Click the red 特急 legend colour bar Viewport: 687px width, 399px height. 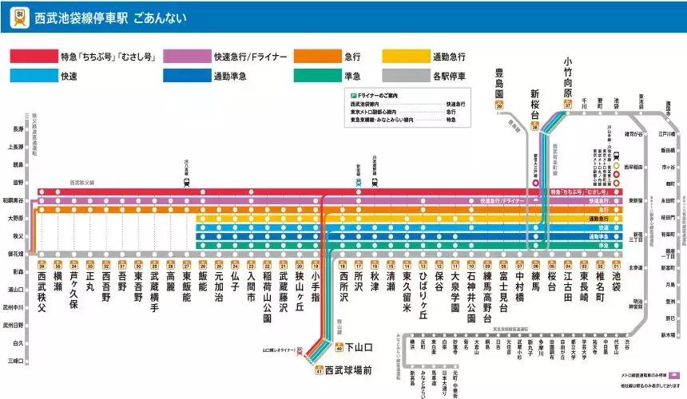pos(33,57)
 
